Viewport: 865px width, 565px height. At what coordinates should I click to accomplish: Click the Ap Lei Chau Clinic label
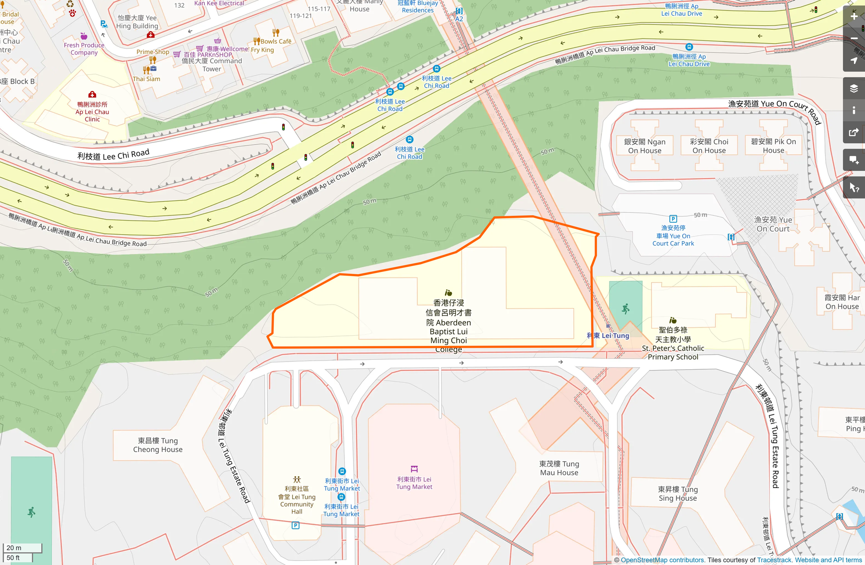click(x=92, y=112)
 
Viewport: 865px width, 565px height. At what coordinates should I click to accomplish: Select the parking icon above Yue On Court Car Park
click(x=673, y=219)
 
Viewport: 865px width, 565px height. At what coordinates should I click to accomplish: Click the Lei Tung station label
click(x=608, y=336)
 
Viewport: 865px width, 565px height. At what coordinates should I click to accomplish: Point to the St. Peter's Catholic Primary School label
click(x=673, y=344)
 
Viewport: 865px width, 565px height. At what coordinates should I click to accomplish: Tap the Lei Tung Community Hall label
click(x=297, y=500)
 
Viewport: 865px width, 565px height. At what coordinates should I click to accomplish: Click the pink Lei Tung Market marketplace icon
click(x=414, y=469)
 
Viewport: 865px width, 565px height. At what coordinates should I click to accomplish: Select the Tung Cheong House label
click(x=158, y=445)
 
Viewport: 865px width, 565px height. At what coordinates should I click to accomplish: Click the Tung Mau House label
click(x=559, y=468)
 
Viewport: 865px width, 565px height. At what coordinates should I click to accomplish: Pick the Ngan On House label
click(x=645, y=146)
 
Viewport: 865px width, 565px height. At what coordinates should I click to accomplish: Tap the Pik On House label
click(x=773, y=146)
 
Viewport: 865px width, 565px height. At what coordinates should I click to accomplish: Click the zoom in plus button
click(x=854, y=16)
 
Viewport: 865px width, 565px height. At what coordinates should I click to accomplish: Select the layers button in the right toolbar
click(x=854, y=89)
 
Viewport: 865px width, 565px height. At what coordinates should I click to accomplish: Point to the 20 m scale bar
click(x=22, y=548)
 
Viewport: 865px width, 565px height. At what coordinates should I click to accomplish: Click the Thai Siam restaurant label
click(x=146, y=79)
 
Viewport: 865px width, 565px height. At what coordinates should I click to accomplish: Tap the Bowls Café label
click(x=276, y=41)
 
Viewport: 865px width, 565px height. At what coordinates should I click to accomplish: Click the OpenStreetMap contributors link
click(x=663, y=560)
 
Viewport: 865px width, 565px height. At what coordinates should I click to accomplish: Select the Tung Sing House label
click(x=677, y=494)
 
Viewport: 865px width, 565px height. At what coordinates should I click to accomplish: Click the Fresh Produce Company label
click(x=84, y=49)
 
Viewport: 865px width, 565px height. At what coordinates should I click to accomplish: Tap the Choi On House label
click(x=709, y=146)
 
